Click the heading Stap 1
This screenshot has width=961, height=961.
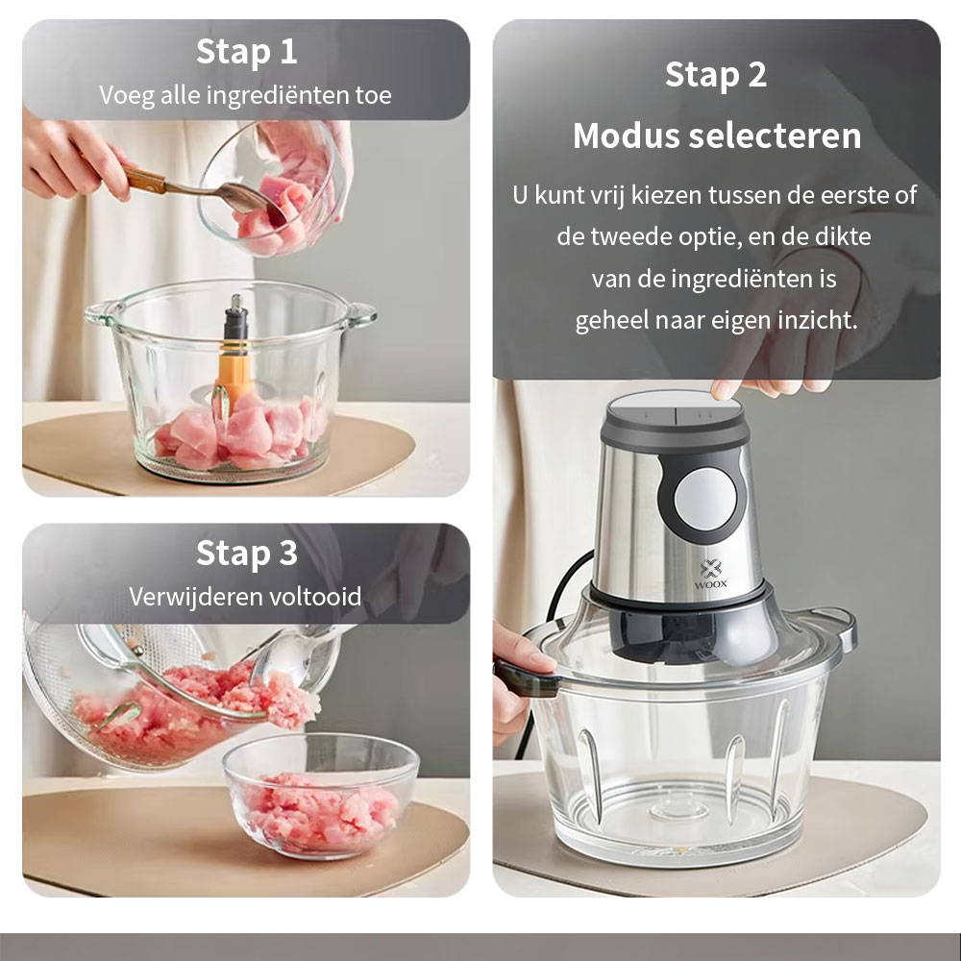pyautogui.click(x=246, y=52)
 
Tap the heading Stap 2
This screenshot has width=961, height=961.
pyautogui.click(x=715, y=75)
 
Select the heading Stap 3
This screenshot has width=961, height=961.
pyautogui.click(x=246, y=553)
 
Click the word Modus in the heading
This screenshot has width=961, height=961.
pyautogui.click(x=627, y=136)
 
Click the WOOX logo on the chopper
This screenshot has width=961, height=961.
pyautogui.click(x=710, y=575)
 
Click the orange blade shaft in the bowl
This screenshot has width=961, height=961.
pyautogui.click(x=234, y=377)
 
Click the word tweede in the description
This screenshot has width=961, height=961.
pyautogui.click(x=623, y=236)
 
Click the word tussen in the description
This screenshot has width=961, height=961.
pyautogui.click(x=741, y=195)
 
